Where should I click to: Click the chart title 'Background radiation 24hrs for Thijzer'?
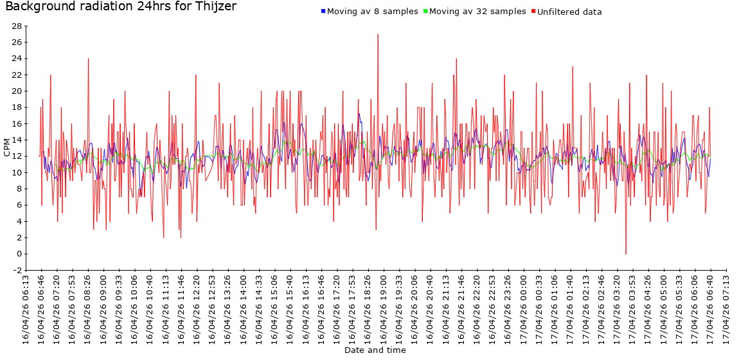[x=121, y=7]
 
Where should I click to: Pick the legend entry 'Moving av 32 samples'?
[x=477, y=12]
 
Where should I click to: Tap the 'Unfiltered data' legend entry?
[x=569, y=12]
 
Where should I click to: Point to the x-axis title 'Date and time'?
[x=375, y=350]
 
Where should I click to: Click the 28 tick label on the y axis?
[x=17, y=26]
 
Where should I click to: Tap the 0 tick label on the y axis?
[x=19, y=254]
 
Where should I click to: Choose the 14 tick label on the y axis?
[x=17, y=140]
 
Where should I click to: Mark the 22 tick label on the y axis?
[x=17, y=75]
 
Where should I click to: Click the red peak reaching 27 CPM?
[x=378, y=35]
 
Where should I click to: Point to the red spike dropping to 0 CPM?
[x=626, y=253]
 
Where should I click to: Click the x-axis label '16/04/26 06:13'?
[x=26, y=309]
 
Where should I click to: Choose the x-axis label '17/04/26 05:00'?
[x=664, y=309]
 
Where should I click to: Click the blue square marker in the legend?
[x=323, y=12]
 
